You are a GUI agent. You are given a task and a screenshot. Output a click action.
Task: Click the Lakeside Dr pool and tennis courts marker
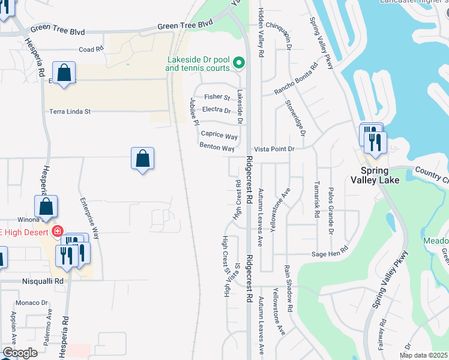click(239, 62)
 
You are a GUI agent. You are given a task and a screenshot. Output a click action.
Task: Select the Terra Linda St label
click(70, 112)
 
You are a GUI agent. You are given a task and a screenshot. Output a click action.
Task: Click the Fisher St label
click(217, 97)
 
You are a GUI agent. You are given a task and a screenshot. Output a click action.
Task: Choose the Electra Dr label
click(217, 110)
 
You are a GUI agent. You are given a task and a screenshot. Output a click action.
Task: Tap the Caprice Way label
click(219, 136)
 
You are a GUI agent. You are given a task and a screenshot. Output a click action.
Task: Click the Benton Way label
click(217, 148)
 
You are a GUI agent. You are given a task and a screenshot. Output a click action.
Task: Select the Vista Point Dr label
click(274, 149)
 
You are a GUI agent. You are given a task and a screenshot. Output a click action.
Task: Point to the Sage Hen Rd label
click(330, 254)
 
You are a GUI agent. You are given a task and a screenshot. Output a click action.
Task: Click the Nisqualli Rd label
click(44, 280)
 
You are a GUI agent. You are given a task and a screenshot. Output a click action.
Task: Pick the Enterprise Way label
click(89, 219)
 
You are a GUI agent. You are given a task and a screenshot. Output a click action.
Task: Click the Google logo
click(20, 353)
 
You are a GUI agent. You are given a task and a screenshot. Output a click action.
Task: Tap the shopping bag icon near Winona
click(46, 207)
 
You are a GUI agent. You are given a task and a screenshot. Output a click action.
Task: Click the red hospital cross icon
click(58, 231)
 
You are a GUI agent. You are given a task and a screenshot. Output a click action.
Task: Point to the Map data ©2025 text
click(424, 355)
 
